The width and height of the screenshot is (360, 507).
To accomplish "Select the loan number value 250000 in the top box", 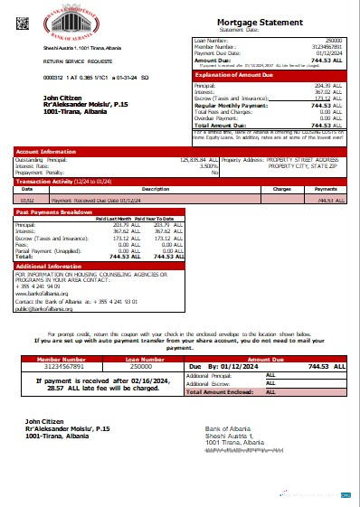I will [x=334, y=41].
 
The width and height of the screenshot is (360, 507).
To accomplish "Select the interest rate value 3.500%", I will [x=206, y=165].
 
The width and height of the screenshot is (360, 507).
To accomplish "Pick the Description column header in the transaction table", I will [x=156, y=189].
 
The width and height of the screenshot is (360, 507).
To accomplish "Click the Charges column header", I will [x=281, y=189].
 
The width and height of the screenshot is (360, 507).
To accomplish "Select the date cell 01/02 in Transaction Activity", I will [x=28, y=199].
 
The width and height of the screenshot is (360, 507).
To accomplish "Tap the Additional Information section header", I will [x=46, y=267].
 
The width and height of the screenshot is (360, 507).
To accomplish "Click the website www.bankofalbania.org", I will [x=42, y=294].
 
